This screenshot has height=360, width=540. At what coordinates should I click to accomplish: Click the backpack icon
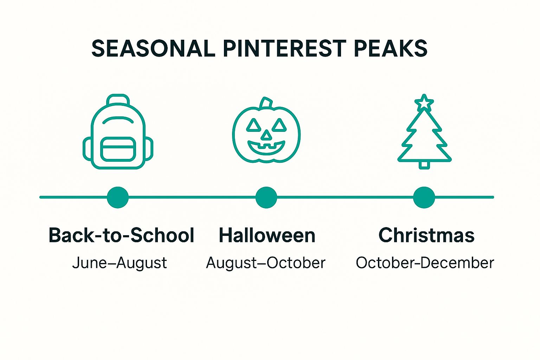[x=118, y=132]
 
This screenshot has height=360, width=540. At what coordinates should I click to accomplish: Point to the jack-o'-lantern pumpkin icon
[x=266, y=132]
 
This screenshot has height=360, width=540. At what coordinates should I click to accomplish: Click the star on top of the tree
[x=424, y=103]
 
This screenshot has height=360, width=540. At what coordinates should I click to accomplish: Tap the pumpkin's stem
[x=266, y=103]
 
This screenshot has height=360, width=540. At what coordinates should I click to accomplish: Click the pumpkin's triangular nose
[x=266, y=135]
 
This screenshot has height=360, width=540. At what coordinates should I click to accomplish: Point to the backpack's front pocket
[x=118, y=149]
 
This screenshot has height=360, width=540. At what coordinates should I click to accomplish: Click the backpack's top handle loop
[x=118, y=99]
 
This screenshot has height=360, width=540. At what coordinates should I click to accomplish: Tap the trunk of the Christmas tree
[x=424, y=165]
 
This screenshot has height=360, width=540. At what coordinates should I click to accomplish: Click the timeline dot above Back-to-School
[x=118, y=197]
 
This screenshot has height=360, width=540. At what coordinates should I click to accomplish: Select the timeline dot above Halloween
[x=266, y=197]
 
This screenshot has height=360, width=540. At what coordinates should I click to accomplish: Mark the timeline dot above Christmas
[x=424, y=197]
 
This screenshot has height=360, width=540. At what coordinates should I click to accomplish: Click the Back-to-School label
[x=121, y=235]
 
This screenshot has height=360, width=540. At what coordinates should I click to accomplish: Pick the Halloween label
[x=267, y=235]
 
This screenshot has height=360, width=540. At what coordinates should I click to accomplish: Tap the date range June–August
[x=120, y=263]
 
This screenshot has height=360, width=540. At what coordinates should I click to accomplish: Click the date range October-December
[x=425, y=263]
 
